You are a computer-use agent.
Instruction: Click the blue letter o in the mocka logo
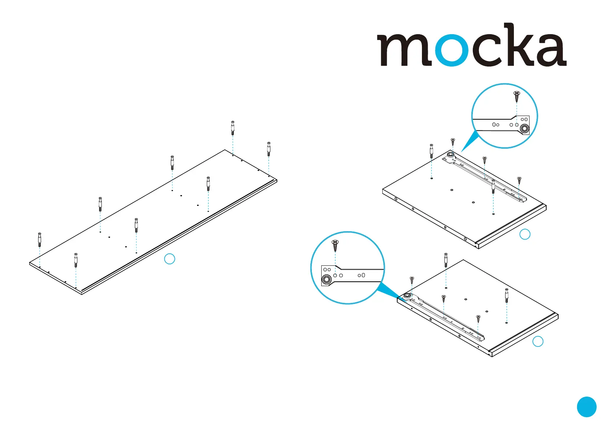[x=451, y=50]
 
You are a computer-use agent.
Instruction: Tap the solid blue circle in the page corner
[x=587, y=407]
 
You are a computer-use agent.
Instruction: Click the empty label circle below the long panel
[x=170, y=259]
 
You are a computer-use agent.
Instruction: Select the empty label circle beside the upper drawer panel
[x=525, y=234]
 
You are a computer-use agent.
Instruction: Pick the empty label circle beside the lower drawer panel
[x=538, y=341]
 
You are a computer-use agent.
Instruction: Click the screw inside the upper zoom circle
[x=517, y=96]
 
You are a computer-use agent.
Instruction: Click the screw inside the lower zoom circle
[x=335, y=245]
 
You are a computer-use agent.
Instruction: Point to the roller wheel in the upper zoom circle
[x=524, y=128]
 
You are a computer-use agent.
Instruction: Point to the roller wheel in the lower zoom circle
[x=326, y=280]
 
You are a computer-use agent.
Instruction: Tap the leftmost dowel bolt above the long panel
[x=40, y=240]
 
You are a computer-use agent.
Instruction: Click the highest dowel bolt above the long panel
[x=233, y=128]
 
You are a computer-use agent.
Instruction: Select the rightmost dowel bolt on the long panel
[x=269, y=149]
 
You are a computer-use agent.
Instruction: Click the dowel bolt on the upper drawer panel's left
[x=431, y=151]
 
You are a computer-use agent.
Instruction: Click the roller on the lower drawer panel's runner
[x=407, y=296]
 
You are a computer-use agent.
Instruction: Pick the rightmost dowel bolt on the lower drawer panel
[x=507, y=295]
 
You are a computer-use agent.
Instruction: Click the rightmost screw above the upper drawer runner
[x=519, y=180]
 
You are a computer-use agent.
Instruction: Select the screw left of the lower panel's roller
[x=412, y=280]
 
